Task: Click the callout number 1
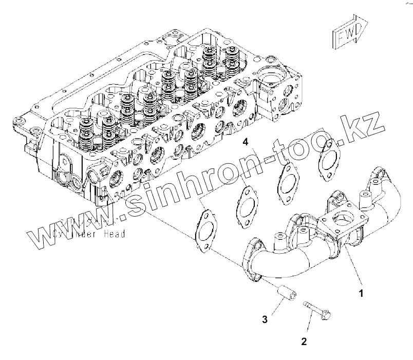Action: click(361, 294)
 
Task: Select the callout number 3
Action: click(265, 319)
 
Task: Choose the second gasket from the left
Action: click(247, 205)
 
